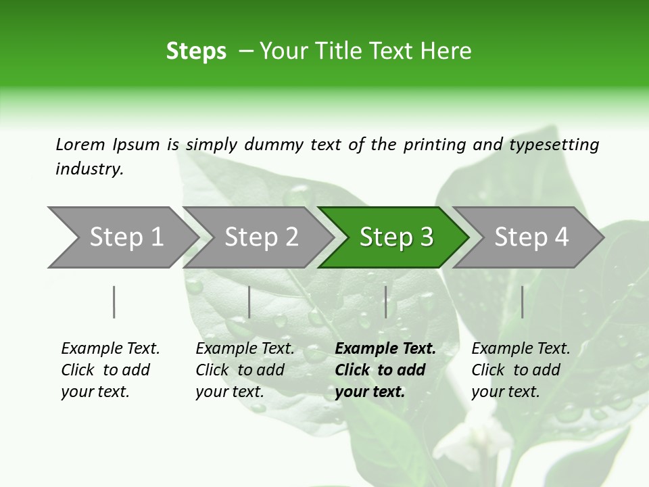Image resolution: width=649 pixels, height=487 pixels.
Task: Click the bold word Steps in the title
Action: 196,51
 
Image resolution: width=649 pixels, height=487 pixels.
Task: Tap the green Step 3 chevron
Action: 395,237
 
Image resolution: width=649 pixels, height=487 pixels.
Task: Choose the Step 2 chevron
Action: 261,237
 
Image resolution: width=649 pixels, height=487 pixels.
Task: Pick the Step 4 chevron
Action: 531,237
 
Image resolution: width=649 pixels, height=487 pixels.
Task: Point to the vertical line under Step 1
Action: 114,302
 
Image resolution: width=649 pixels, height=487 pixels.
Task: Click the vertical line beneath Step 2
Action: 249,302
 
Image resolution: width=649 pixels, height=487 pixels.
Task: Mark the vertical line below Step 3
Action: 386,302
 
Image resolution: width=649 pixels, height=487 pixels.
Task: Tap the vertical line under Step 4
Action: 523,302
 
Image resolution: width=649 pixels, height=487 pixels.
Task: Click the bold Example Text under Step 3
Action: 385,348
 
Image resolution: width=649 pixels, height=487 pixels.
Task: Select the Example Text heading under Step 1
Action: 110,348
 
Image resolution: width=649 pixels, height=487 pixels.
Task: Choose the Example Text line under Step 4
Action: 521,348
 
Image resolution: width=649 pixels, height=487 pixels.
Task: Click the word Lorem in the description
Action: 80,144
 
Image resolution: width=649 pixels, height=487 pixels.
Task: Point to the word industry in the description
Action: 89,168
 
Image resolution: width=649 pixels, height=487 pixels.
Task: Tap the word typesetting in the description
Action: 554,145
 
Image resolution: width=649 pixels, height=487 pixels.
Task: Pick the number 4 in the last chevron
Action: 561,237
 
